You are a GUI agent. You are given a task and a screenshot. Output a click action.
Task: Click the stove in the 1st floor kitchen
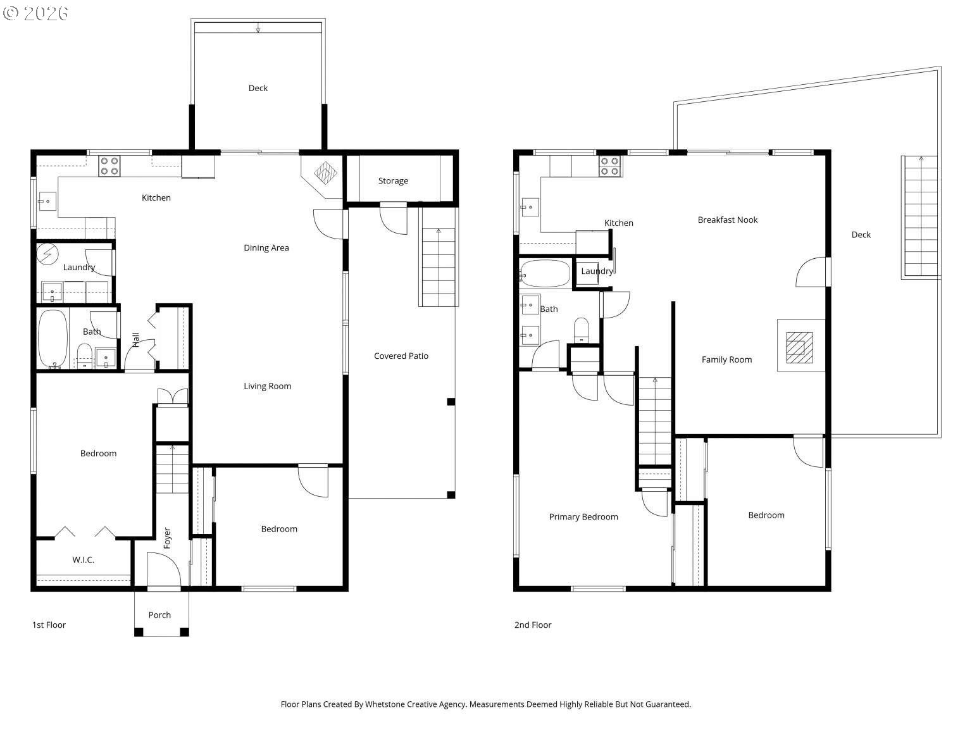[x=109, y=166]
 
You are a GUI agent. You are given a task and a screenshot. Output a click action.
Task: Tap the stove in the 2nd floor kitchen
[x=610, y=166]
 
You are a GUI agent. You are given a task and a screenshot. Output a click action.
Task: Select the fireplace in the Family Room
[x=800, y=347]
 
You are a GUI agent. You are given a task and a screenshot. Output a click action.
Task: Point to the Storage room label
[x=393, y=181]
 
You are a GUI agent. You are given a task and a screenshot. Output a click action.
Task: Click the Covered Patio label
[x=401, y=356]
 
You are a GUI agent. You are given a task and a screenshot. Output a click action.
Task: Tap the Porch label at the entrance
[x=159, y=615]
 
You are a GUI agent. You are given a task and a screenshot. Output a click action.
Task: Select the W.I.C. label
[x=83, y=560]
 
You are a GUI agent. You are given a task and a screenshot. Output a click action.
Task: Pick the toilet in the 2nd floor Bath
[x=581, y=330]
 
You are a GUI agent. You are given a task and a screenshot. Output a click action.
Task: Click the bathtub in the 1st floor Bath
[x=53, y=338]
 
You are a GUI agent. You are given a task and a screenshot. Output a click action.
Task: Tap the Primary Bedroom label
[x=583, y=517]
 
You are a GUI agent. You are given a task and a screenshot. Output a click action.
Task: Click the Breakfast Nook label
[x=727, y=220]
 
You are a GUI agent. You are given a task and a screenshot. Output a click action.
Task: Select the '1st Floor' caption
[x=49, y=625]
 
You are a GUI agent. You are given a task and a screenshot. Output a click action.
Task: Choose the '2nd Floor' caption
[x=532, y=625]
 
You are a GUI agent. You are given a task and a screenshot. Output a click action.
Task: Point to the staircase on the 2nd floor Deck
[x=920, y=216]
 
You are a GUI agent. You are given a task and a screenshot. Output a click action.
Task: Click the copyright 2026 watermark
[x=35, y=13]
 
